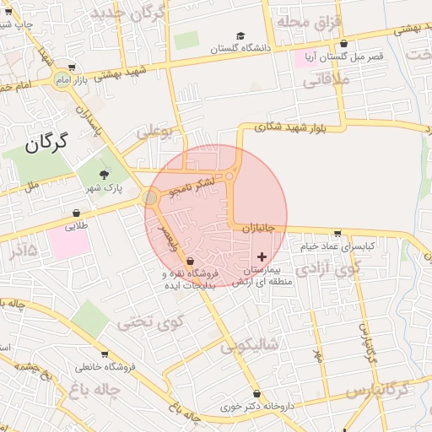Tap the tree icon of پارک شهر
[104, 175]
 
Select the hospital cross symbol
[262, 255]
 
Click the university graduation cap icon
[241, 36]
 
